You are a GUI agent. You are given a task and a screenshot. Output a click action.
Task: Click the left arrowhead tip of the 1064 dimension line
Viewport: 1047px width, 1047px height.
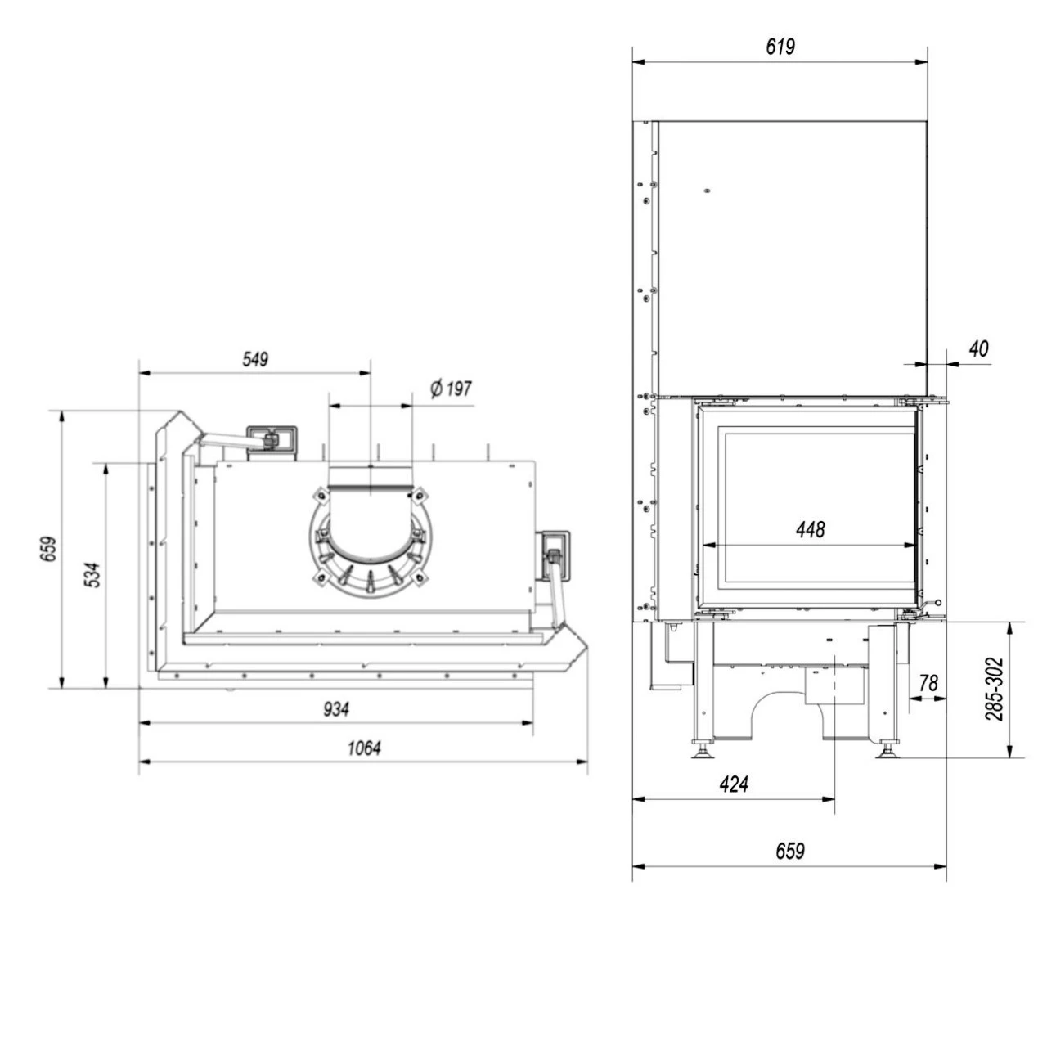click(x=140, y=762)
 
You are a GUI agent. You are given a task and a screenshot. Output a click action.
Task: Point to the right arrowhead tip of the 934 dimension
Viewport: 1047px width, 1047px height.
click(x=532, y=723)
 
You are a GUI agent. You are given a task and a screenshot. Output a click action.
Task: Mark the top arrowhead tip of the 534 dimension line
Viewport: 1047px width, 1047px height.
click(x=106, y=464)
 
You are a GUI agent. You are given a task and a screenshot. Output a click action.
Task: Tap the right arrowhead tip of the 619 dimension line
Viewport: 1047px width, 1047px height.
click(x=928, y=62)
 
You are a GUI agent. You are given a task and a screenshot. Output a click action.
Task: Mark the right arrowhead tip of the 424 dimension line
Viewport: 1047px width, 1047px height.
click(x=834, y=799)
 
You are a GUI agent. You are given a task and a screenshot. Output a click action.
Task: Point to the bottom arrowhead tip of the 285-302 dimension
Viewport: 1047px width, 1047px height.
click(x=1009, y=757)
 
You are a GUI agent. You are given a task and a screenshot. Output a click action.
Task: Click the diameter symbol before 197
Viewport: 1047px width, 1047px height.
click(x=436, y=389)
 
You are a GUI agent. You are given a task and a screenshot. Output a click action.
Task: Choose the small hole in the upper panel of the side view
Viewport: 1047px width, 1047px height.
click(x=707, y=191)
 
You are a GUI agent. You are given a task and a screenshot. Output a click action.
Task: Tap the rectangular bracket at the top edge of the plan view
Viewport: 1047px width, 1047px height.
click(x=272, y=443)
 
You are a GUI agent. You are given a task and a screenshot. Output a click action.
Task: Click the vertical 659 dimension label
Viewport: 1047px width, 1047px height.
click(x=49, y=550)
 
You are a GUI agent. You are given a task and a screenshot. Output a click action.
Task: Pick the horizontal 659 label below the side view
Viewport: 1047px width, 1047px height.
click(x=790, y=851)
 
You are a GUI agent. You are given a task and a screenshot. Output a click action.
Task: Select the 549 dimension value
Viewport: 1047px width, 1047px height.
click(x=255, y=359)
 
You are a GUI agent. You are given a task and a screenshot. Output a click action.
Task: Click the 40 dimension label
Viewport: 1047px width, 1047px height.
click(x=979, y=348)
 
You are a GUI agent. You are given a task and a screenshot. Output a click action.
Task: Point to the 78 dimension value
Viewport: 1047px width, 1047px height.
click(x=928, y=683)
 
